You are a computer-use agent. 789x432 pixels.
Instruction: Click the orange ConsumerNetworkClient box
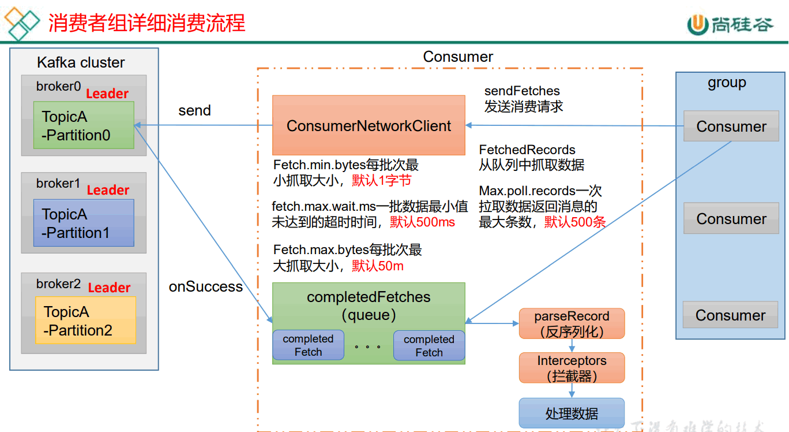pyautogui.click(x=369, y=125)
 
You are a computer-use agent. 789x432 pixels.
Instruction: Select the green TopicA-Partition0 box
pyautogui.click(x=84, y=125)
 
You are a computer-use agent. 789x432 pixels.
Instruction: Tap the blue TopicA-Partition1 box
pyautogui.click(x=84, y=223)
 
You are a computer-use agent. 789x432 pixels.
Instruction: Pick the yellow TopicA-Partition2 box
pyautogui.click(x=85, y=320)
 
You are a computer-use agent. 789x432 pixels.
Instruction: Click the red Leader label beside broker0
pyautogui.click(x=107, y=94)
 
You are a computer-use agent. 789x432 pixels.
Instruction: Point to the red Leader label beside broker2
pyautogui.click(x=109, y=288)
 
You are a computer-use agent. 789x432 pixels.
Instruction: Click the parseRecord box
pyautogui.click(x=572, y=323)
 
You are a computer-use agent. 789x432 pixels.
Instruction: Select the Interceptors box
pyautogui.click(x=572, y=367)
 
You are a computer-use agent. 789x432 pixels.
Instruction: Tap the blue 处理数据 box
pyautogui.click(x=572, y=413)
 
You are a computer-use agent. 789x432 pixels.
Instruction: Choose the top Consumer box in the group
pyautogui.click(x=731, y=126)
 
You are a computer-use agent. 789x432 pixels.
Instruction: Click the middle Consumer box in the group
pyautogui.click(x=731, y=218)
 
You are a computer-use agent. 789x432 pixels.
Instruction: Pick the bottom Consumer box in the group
pyautogui.click(x=731, y=315)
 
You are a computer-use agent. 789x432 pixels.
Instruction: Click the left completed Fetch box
pyautogui.click(x=308, y=345)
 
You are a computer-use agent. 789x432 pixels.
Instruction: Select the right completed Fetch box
pyautogui.click(x=429, y=345)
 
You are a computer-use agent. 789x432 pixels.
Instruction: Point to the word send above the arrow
pyautogui.click(x=194, y=110)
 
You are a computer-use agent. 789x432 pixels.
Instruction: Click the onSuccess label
pyautogui.click(x=206, y=286)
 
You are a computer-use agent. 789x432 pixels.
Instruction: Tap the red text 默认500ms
pyautogui.click(x=422, y=222)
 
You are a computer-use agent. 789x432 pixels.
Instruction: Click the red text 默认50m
pyautogui.click(x=378, y=266)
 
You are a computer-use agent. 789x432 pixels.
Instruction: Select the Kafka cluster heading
pyautogui.click(x=81, y=62)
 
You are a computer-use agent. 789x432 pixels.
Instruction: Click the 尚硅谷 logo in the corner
pyautogui.click(x=730, y=25)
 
